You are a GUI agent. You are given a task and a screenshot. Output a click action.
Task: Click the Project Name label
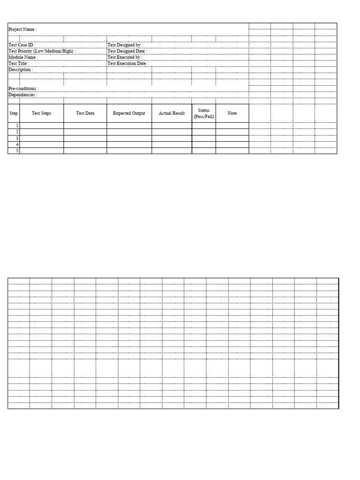pyautogui.click(x=22, y=30)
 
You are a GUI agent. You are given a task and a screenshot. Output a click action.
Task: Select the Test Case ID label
pyautogui.click(x=22, y=45)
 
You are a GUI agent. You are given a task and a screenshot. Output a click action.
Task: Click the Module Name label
pyautogui.click(x=23, y=57)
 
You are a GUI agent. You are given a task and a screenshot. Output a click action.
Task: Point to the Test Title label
pyautogui.click(x=19, y=63)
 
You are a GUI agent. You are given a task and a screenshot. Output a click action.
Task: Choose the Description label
pyautogui.click(x=21, y=69)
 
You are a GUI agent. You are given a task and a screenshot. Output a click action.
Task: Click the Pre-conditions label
pyautogui.click(x=23, y=89)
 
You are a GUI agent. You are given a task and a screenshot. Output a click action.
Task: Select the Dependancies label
pyautogui.click(x=23, y=95)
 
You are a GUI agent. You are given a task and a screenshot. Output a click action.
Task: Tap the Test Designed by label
pyautogui.click(x=125, y=45)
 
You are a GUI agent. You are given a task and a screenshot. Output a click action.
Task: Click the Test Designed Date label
pyautogui.click(x=127, y=51)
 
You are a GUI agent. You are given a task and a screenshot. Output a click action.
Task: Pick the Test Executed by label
pyautogui.click(x=125, y=57)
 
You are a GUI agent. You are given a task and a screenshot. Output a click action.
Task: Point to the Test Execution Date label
pyautogui.click(x=128, y=63)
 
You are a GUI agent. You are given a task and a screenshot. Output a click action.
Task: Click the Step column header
pyautogui.click(x=14, y=113)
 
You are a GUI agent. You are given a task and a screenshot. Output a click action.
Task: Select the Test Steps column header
pyautogui.click(x=42, y=113)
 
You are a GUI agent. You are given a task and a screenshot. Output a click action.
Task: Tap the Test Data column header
pyautogui.click(x=85, y=113)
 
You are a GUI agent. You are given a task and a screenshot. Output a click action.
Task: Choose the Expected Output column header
pyautogui.click(x=129, y=113)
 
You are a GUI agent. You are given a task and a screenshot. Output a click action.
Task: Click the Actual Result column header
pyautogui.click(x=172, y=113)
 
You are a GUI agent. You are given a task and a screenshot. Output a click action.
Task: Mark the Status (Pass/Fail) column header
pyautogui.click(x=204, y=113)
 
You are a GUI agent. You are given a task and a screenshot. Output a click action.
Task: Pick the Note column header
pyautogui.click(x=232, y=113)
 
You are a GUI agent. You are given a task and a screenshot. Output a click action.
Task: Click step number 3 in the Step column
pyautogui.click(x=17, y=138)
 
